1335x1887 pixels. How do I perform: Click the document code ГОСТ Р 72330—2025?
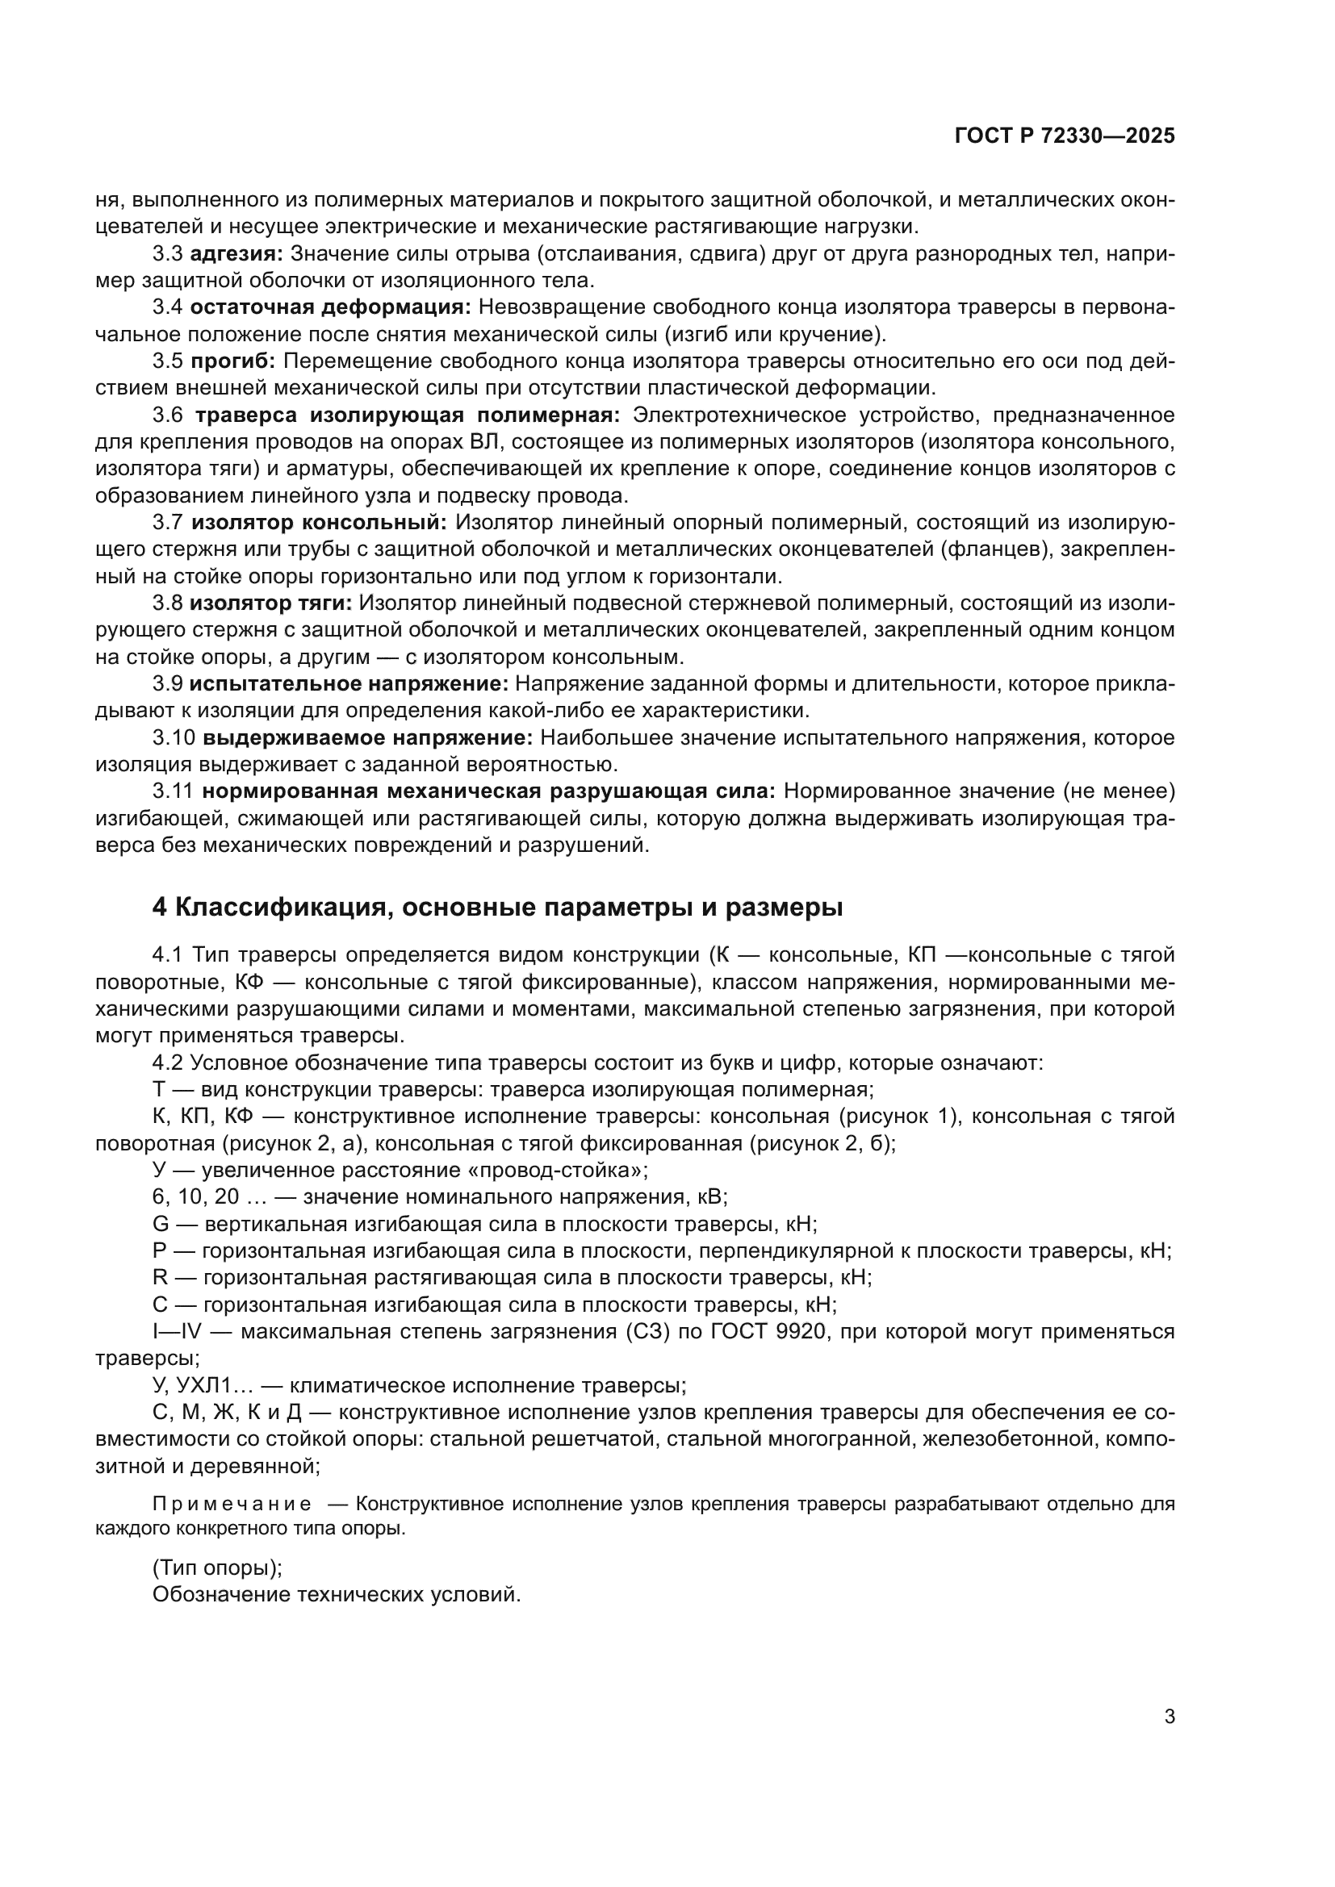tap(1065, 136)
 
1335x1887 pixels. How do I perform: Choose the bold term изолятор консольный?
tap(320, 523)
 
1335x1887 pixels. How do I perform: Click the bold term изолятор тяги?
tap(270, 603)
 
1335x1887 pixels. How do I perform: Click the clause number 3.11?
tap(173, 791)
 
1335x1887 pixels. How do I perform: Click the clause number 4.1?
tap(168, 955)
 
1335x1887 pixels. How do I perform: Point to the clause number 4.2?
tap(168, 1062)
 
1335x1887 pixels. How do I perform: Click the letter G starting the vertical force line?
tap(161, 1225)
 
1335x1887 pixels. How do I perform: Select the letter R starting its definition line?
tap(161, 1278)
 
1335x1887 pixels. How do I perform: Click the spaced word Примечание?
tap(232, 1505)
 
